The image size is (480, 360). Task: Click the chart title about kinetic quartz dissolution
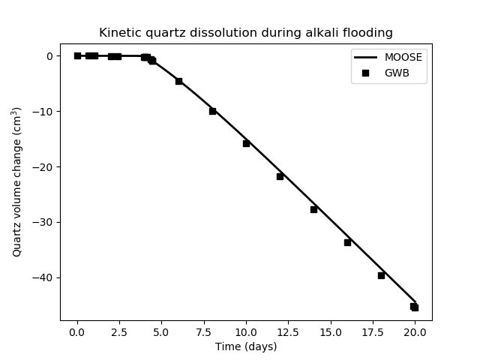tap(246, 33)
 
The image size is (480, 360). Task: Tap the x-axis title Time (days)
tap(246, 346)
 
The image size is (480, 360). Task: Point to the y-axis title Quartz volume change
tap(16, 182)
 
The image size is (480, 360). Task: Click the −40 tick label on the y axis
tap(43, 277)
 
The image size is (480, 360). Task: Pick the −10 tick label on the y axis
tap(43, 112)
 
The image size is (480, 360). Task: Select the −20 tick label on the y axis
tap(43, 167)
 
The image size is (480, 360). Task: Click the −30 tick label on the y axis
tap(43, 222)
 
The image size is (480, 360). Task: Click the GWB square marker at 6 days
tap(178, 81)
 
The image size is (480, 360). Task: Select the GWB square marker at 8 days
tap(212, 111)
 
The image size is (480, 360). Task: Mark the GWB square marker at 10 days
tap(246, 143)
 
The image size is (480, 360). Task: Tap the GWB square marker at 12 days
tap(280, 176)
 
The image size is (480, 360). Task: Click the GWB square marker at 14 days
tap(313, 209)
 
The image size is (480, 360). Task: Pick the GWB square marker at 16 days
tap(347, 242)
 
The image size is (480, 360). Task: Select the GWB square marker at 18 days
tap(381, 275)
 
